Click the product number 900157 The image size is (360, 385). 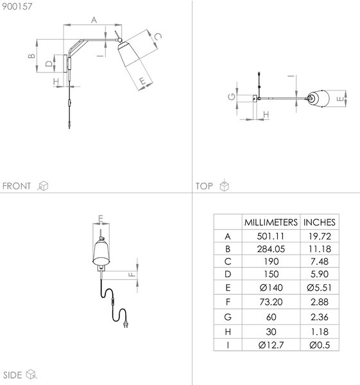(17, 6)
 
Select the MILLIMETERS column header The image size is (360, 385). (271, 222)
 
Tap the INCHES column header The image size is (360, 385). (319, 222)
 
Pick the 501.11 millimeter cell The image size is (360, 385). (271, 236)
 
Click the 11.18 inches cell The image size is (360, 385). (320, 249)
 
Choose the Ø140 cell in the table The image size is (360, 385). (271, 287)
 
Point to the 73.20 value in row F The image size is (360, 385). (271, 302)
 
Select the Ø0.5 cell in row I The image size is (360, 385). (320, 345)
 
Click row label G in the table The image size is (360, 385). (228, 317)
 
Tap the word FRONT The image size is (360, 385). (17, 186)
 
